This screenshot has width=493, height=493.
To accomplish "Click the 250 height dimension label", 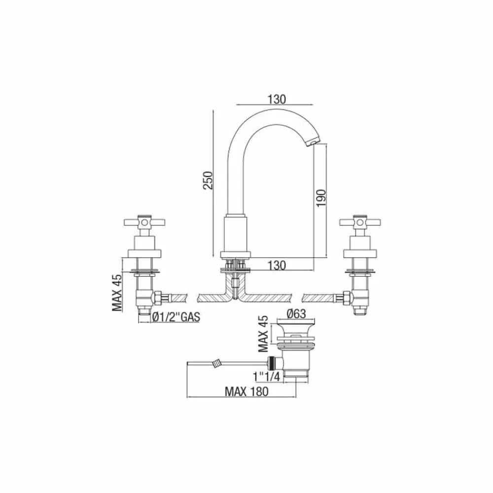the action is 208,180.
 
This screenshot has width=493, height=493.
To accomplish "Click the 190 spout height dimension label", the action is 321,198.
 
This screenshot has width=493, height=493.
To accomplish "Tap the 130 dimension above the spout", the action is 277,100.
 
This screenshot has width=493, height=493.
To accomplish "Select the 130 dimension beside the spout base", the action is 277,265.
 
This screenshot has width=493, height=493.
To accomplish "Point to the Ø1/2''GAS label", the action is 176,317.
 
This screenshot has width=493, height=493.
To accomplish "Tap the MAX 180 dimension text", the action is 247,392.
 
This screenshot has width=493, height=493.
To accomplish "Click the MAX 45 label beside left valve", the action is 117,293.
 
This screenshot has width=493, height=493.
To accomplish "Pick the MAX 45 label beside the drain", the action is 263,334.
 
